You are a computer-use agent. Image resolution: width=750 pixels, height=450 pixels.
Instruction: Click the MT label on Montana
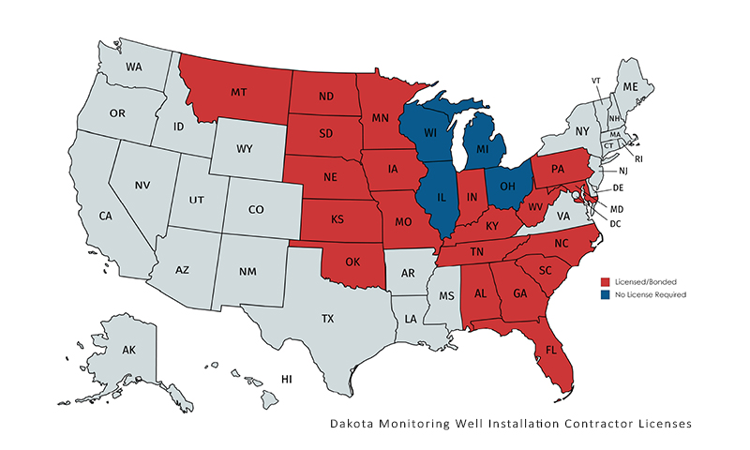238,94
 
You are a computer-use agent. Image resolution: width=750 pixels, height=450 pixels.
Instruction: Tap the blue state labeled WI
429,133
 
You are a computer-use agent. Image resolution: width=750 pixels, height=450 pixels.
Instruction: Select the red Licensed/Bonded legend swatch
606,281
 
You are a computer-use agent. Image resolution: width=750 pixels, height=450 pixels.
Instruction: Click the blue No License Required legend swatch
606,294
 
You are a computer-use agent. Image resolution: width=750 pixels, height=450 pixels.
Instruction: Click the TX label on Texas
327,319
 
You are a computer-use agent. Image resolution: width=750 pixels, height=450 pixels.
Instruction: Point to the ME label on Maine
630,86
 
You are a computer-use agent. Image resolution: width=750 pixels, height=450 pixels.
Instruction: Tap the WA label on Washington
134,67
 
